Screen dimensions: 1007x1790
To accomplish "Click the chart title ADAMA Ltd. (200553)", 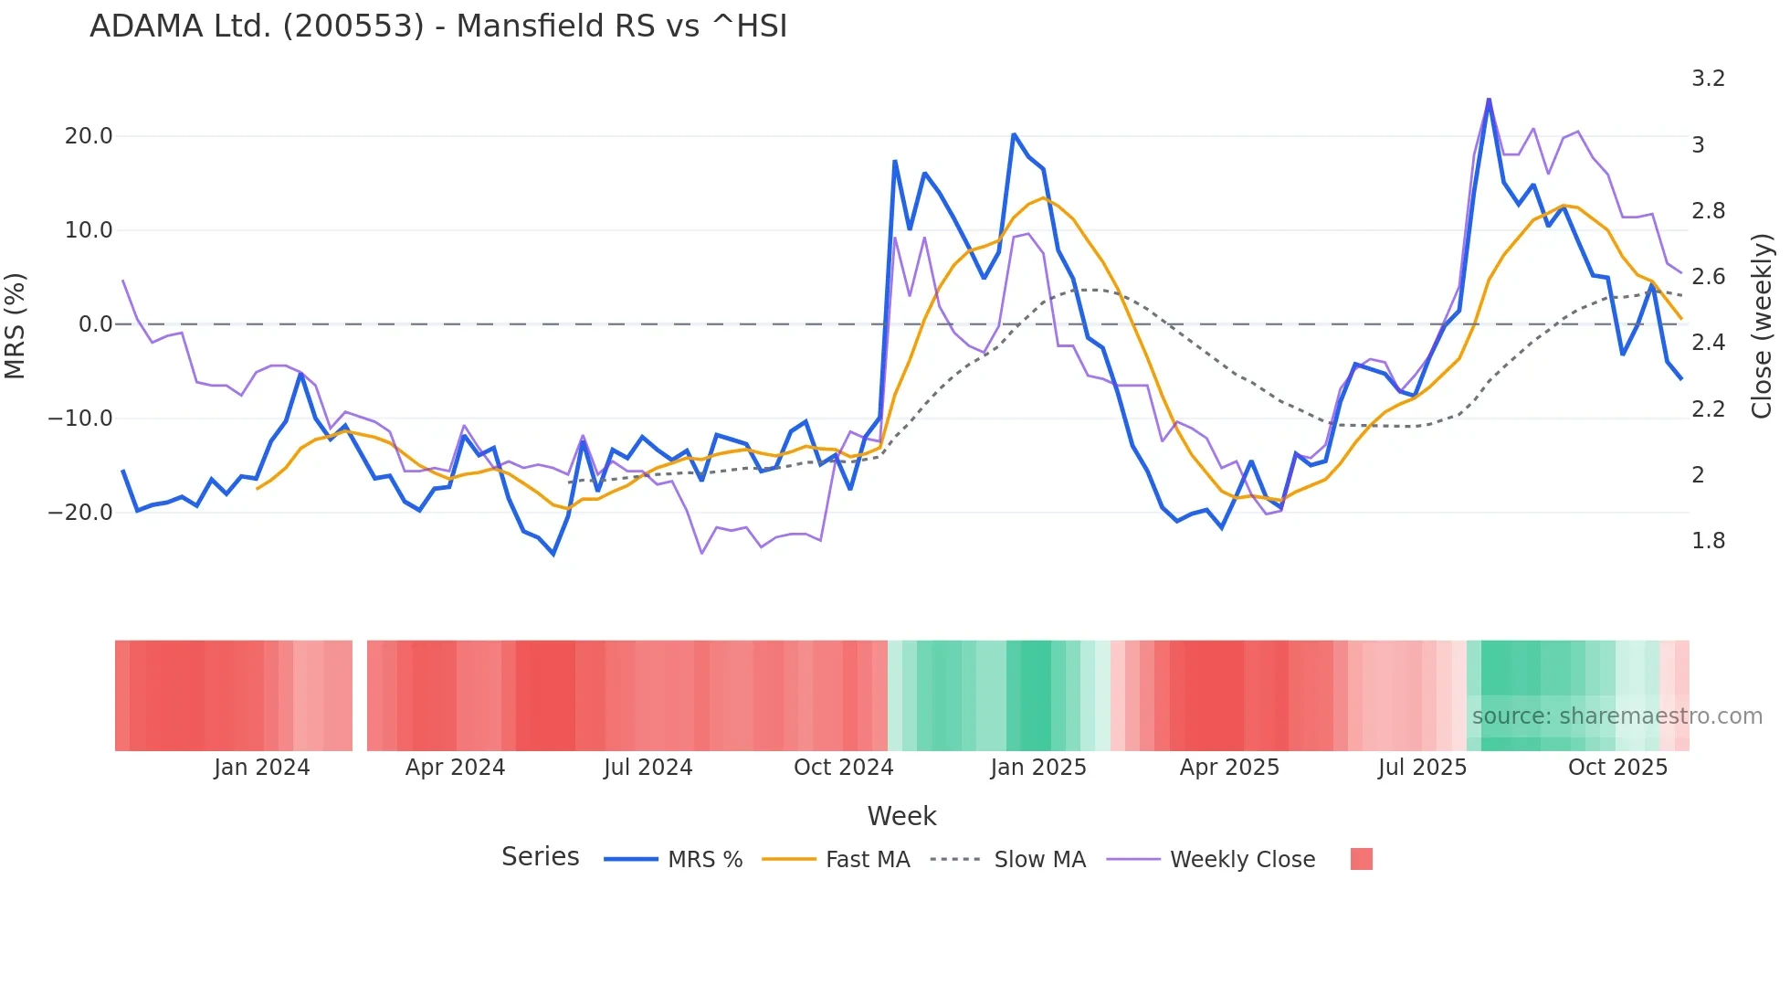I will click(438, 26).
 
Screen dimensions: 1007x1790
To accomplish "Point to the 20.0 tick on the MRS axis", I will click(89, 136).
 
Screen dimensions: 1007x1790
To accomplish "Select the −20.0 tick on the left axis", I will click(80, 513).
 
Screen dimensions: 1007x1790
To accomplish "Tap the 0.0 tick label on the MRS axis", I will click(96, 324).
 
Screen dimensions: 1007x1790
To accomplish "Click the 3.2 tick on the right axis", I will click(1708, 79).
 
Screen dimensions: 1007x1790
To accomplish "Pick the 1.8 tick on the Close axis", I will click(1708, 541).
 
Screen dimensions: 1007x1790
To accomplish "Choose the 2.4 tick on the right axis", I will click(1708, 343).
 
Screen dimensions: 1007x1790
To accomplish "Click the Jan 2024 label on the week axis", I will click(262, 768).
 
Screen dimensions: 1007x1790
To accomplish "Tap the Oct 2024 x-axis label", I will click(843, 768).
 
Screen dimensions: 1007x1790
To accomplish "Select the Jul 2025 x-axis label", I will click(1422, 768).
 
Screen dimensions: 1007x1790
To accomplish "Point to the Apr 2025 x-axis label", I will click(1229, 768).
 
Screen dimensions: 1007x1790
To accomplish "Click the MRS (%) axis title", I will click(16, 325).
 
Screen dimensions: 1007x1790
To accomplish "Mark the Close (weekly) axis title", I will click(1762, 325).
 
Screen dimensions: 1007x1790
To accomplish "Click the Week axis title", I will click(901, 816).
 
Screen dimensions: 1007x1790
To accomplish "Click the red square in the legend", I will click(1361, 859).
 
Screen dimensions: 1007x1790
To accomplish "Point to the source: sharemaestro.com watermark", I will click(1616, 716).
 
